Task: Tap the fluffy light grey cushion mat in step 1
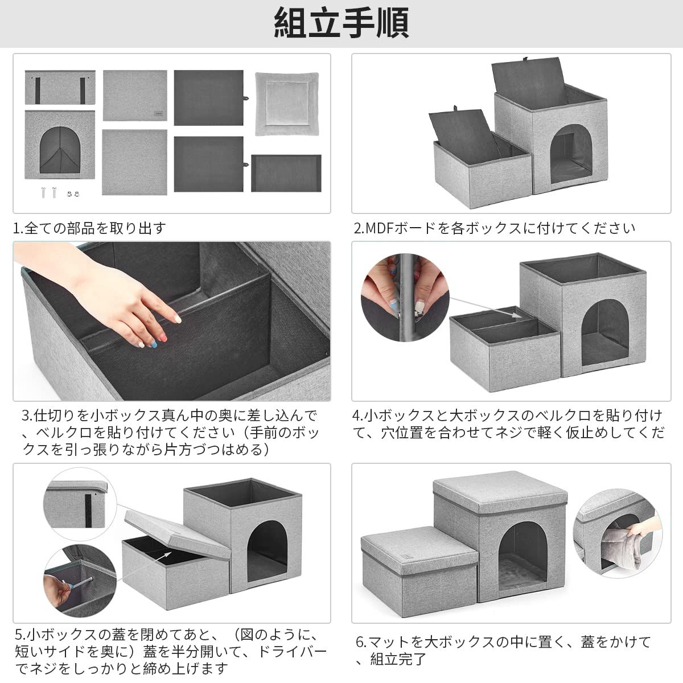287,104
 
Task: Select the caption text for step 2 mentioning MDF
495,228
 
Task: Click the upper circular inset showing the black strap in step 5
80,504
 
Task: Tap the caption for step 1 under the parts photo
90,228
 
